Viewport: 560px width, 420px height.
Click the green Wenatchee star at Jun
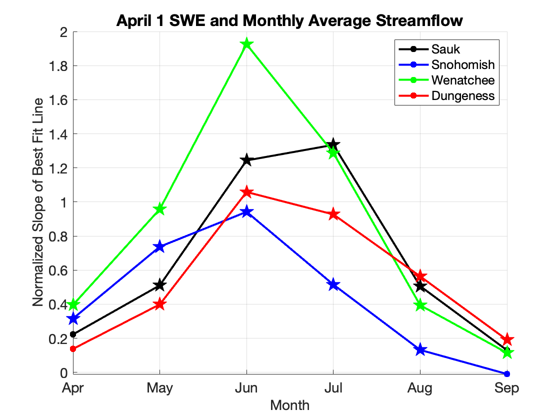click(x=246, y=44)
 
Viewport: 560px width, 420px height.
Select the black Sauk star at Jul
click(x=333, y=145)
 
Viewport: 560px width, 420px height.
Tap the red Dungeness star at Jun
click(x=246, y=192)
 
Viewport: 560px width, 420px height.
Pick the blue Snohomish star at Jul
click(x=333, y=285)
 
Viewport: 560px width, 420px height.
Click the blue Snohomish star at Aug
click(x=420, y=350)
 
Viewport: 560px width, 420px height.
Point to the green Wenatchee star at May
click(x=159, y=209)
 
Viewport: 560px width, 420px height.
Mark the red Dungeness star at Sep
click(x=507, y=340)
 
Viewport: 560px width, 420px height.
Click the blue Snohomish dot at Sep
click(x=507, y=373)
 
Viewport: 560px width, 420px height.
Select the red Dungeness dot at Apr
click(x=72, y=349)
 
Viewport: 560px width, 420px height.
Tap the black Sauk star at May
click(x=159, y=285)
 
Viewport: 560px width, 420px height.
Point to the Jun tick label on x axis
click(x=246, y=388)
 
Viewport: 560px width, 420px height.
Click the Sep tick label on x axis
click(x=507, y=388)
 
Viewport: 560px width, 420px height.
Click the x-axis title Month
click(x=289, y=405)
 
